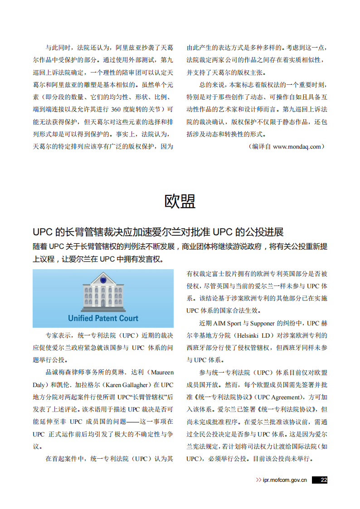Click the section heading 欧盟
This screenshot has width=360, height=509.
[x=180, y=201]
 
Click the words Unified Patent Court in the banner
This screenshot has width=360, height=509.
[x=103, y=318]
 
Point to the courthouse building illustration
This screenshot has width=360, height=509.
[x=103, y=293]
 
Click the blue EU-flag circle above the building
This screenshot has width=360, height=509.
[x=103, y=280]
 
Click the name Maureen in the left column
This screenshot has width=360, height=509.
[x=161, y=373]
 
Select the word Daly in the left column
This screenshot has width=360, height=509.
[x=39, y=385]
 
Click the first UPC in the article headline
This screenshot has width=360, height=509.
[x=43, y=232]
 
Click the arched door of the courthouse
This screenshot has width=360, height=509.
[x=103, y=302]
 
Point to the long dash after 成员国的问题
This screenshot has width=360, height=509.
[x=133, y=422]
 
